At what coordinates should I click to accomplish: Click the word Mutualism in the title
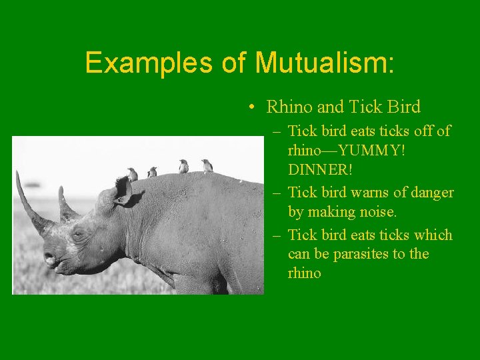click(x=325, y=63)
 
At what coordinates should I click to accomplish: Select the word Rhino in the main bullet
click(x=285, y=107)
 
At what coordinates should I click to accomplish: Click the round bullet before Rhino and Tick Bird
click(x=249, y=107)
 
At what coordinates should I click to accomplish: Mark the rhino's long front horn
click(x=27, y=200)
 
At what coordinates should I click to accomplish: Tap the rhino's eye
click(x=79, y=234)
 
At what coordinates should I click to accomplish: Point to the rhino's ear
click(x=121, y=190)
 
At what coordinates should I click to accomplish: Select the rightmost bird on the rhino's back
click(x=207, y=165)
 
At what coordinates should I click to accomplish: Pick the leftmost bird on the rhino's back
click(x=132, y=175)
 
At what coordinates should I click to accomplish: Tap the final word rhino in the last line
click(x=305, y=273)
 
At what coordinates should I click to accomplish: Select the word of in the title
click(x=234, y=63)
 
